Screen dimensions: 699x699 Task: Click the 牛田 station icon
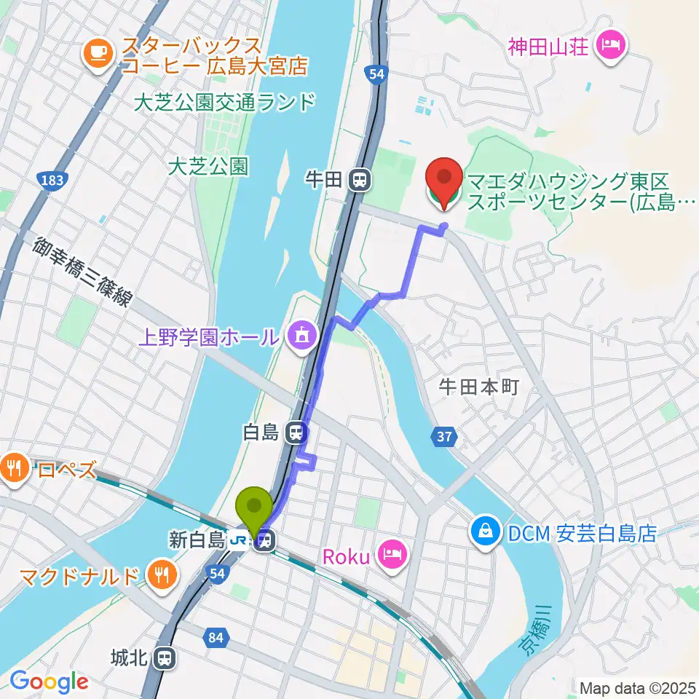(x=358, y=180)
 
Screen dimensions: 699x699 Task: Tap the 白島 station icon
(x=296, y=433)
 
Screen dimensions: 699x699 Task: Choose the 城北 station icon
(x=166, y=659)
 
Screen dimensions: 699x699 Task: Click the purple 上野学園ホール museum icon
(x=301, y=336)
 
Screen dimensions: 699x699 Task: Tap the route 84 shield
(x=216, y=638)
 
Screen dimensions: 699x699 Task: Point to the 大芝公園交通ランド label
(x=225, y=101)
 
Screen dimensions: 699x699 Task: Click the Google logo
(x=48, y=681)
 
